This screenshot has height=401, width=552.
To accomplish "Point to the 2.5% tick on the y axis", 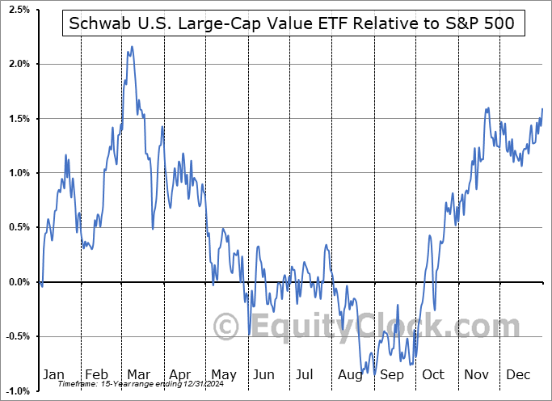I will tap(19, 9).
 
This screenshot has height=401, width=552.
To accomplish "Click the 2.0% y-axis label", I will tap(19, 64).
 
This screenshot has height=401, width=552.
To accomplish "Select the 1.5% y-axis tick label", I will tap(19, 119).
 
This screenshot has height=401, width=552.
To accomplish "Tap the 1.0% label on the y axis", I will tap(19, 173).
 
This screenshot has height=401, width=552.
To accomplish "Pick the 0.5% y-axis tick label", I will tap(19, 228).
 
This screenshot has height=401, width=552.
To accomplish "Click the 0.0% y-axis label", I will tap(19, 282).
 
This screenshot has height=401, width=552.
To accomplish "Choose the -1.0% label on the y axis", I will tap(17, 391).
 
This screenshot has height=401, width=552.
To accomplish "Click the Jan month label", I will tap(53, 374).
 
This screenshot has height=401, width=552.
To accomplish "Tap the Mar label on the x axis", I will tap(138, 374).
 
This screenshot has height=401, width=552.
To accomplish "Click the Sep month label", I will tap(393, 374).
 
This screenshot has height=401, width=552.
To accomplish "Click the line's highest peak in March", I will tap(131, 47).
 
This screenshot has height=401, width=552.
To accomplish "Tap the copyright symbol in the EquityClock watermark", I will tap(229, 326).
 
